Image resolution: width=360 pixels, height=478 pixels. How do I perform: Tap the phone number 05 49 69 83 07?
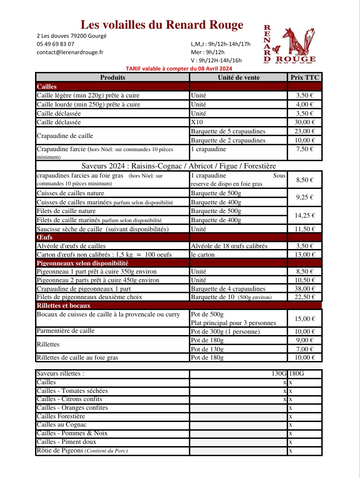(x=56, y=44)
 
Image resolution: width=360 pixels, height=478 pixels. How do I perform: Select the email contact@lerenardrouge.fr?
(x=70, y=52)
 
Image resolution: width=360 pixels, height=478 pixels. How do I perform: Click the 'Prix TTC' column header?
(x=305, y=77)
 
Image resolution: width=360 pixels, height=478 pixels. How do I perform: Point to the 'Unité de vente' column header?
(x=238, y=77)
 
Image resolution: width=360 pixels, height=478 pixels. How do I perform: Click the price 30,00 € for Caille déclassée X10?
(x=305, y=122)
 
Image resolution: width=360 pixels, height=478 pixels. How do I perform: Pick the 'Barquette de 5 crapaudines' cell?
(x=228, y=131)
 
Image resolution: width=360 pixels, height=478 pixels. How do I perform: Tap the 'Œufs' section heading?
(x=43, y=237)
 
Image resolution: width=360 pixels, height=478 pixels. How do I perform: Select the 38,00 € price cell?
(x=305, y=289)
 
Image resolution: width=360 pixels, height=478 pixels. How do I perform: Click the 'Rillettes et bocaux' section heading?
(x=63, y=305)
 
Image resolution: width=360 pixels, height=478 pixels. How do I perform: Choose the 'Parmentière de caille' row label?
(x=66, y=331)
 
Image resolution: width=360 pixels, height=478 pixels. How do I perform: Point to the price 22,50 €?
(x=305, y=297)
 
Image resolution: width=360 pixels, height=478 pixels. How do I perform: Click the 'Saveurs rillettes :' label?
(x=61, y=374)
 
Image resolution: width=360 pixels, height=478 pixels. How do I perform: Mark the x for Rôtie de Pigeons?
(x=290, y=451)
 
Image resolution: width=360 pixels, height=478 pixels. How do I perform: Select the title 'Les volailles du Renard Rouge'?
(x=162, y=25)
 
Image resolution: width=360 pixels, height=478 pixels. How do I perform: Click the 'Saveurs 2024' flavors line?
(x=179, y=166)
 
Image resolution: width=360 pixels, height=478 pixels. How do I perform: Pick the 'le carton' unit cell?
(x=203, y=254)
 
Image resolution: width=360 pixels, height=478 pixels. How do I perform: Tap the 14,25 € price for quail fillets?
(x=305, y=215)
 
